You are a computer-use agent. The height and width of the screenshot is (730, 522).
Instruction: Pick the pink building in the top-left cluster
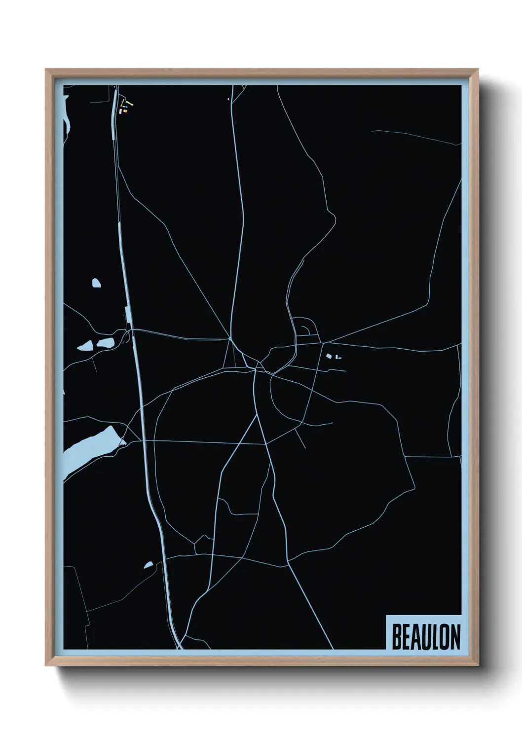click(x=119, y=112)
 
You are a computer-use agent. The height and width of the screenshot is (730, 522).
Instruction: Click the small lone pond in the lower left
click(x=149, y=565)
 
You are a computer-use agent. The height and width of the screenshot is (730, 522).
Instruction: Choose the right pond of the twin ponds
click(x=105, y=343)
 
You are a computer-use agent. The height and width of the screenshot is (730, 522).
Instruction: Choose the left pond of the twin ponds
click(x=85, y=346)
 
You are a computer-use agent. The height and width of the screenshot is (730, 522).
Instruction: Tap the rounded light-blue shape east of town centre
click(x=328, y=356)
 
